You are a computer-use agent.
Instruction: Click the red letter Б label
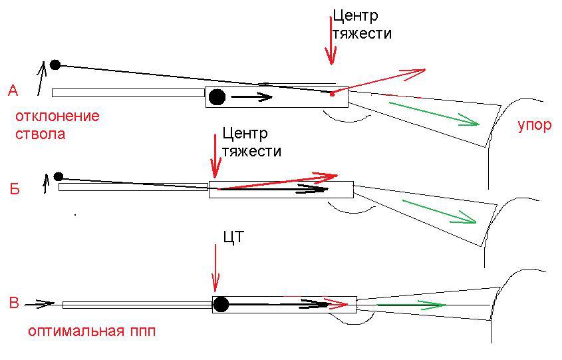click(x=14, y=190)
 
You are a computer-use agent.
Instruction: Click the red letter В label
click(x=14, y=304)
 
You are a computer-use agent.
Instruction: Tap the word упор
click(x=535, y=124)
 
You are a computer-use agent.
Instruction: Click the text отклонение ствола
click(x=57, y=125)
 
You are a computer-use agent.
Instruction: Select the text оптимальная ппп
click(x=92, y=331)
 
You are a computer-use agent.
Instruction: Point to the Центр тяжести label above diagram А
click(x=361, y=24)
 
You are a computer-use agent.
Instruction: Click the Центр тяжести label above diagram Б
click(x=251, y=142)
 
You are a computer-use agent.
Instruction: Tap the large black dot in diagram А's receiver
click(x=217, y=97)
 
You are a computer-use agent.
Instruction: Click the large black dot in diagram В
click(x=220, y=305)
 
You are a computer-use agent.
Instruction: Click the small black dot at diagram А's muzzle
click(x=55, y=65)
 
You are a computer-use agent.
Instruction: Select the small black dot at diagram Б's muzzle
click(x=59, y=176)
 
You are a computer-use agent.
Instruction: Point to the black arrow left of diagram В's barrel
click(x=39, y=304)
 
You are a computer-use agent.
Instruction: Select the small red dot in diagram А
click(x=332, y=93)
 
